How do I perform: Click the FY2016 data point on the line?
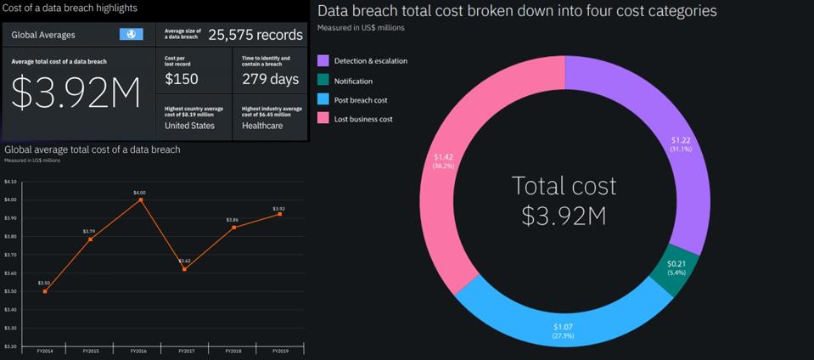[x=139, y=200]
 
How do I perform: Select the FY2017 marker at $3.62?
[x=185, y=269]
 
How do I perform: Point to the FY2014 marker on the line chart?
[x=45, y=291]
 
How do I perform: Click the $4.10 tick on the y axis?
[x=10, y=182]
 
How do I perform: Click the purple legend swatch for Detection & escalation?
[x=323, y=61]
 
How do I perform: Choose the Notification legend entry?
[x=353, y=81]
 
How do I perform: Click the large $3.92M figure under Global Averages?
[x=76, y=95]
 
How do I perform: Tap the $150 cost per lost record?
[x=181, y=79]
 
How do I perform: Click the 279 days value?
[x=270, y=79]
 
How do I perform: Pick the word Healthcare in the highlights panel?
[x=263, y=126]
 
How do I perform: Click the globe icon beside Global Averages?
[x=132, y=35]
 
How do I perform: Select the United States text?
[x=189, y=126]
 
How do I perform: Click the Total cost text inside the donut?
[x=564, y=186]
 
